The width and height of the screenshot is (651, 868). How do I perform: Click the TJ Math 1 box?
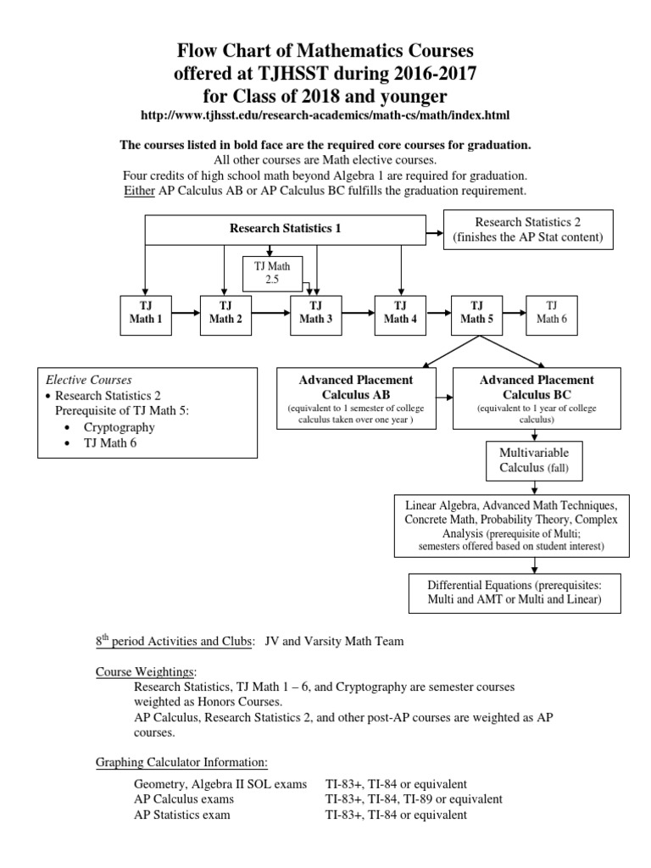click(150, 313)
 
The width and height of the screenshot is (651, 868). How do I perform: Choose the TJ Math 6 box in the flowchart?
click(552, 313)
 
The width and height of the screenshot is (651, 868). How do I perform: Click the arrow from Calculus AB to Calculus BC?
click(445, 397)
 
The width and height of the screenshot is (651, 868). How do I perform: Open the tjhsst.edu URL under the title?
click(325, 114)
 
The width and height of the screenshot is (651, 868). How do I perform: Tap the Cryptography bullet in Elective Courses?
click(119, 427)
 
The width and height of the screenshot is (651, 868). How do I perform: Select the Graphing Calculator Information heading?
click(181, 763)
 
